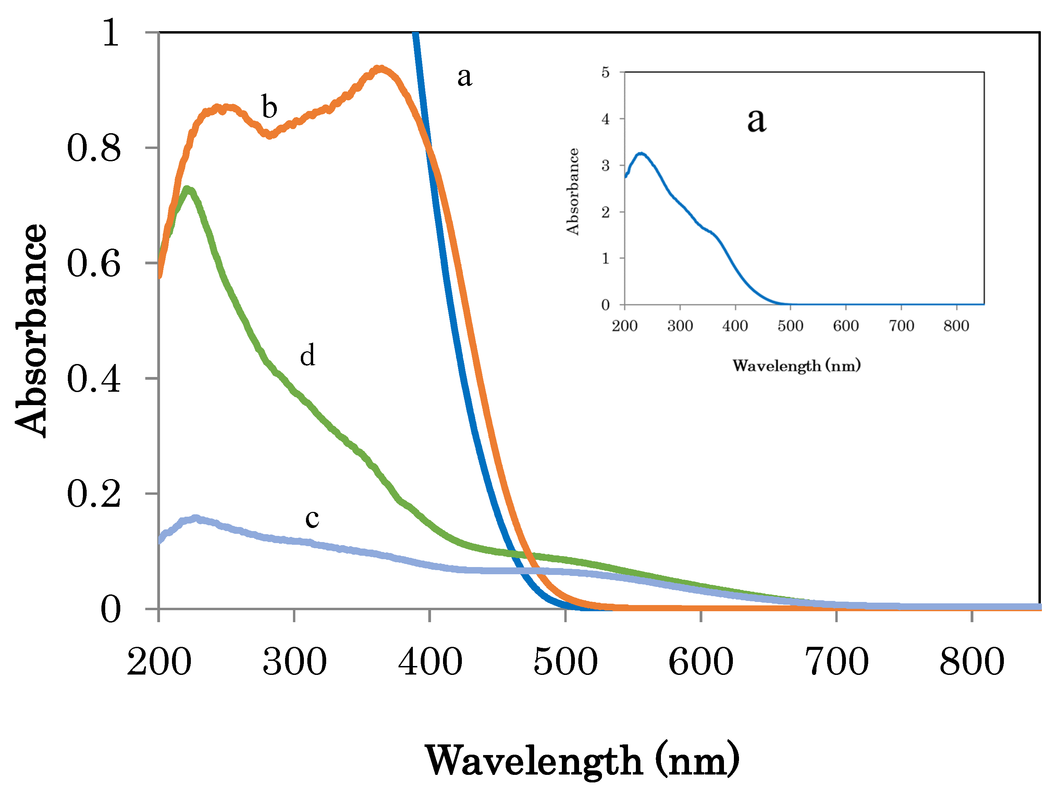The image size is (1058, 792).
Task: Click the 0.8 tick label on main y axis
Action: [x=94, y=148]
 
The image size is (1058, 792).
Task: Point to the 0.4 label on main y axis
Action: [x=94, y=379]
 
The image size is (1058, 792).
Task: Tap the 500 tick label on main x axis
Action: [x=565, y=662]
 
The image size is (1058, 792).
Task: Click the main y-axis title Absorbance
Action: [x=32, y=330]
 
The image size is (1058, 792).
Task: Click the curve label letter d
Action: [x=308, y=355]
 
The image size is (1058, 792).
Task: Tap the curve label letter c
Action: [x=312, y=518]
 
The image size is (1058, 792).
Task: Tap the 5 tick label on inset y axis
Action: [x=605, y=73]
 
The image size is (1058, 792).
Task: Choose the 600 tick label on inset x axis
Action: [x=846, y=326]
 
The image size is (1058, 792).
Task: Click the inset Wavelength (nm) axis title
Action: [x=796, y=366]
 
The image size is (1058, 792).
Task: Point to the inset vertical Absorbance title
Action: [x=573, y=191]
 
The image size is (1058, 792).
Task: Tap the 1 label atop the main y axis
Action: [x=111, y=34]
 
